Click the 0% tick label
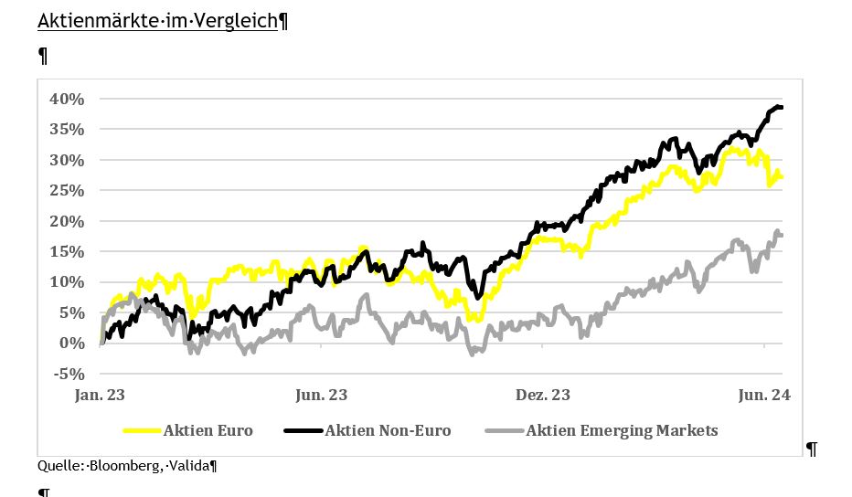click(73, 343)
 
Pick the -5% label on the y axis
click(69, 374)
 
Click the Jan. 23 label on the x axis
click(99, 396)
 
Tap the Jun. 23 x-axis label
click(321, 396)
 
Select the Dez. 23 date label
click(543, 396)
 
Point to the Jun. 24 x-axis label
click(764, 396)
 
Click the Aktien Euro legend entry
click(208, 430)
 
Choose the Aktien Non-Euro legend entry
click(388, 430)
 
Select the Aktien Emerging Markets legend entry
click(622, 430)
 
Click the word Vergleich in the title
click(239, 20)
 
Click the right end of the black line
click(782, 108)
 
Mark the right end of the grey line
click(782, 236)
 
